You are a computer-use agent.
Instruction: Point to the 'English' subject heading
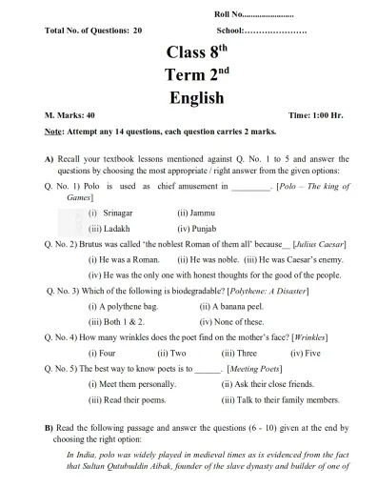click(196, 98)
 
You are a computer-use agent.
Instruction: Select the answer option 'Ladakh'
click(120, 230)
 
